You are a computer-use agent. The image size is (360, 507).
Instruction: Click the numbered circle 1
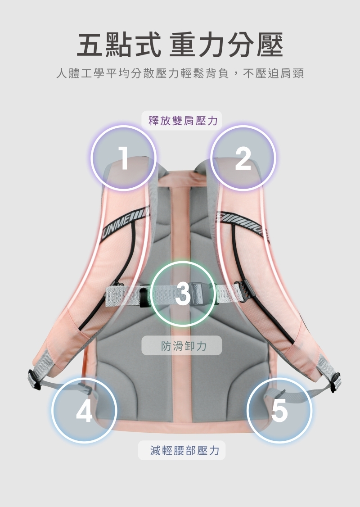[x=123, y=158]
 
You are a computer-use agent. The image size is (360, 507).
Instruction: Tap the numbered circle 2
[x=243, y=158]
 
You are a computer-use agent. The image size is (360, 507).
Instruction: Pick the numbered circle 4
[x=84, y=410]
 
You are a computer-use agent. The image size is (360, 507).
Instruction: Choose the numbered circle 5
[x=279, y=410]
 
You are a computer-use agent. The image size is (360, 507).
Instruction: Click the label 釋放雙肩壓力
[x=183, y=120]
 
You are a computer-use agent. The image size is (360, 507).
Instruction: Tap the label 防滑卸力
[x=182, y=345]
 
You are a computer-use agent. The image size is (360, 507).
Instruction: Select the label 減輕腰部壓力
[x=182, y=450]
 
